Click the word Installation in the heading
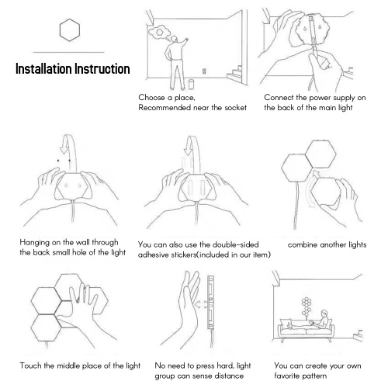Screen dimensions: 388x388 click(43, 69)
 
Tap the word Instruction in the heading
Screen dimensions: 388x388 click(102, 69)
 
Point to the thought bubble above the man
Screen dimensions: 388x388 click(159, 33)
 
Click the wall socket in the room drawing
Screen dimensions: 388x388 click(204, 71)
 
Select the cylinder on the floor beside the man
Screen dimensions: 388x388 click(191, 84)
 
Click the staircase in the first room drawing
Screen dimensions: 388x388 click(235, 74)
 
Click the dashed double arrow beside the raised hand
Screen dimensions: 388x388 click(201, 304)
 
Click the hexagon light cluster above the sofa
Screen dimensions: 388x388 click(307, 307)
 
